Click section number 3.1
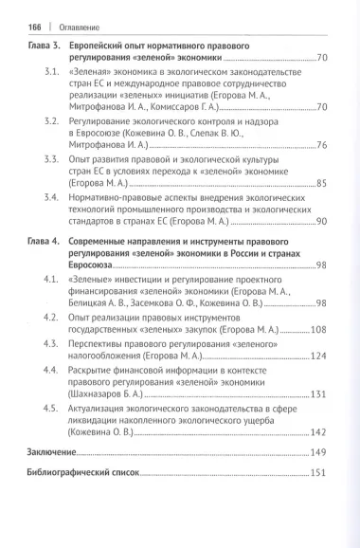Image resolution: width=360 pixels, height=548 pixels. pos(54,72)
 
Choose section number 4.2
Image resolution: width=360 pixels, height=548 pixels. pos(54,316)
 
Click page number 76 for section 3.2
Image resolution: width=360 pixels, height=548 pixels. pos(320,145)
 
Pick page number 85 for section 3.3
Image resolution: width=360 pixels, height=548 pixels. pos(320,183)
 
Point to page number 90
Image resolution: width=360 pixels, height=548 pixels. pos(320,220)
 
